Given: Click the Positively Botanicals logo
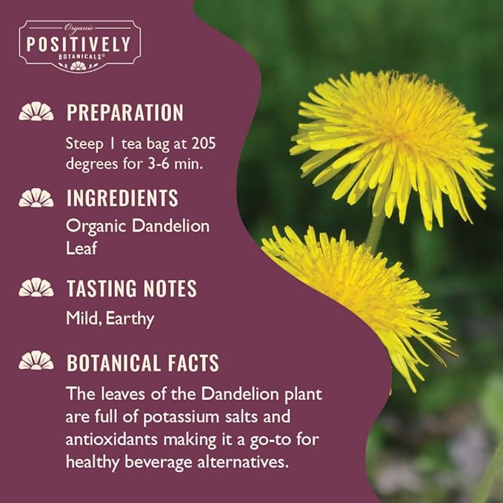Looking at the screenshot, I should (x=79, y=44).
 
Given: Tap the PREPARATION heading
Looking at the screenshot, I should (x=124, y=113).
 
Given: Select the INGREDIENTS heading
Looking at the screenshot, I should (x=122, y=198).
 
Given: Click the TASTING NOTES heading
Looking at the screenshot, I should (x=131, y=288).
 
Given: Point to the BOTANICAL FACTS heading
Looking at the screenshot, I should (x=142, y=363).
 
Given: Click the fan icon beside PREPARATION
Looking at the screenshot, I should (x=36, y=113).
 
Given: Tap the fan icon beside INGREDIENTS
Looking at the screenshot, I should (x=36, y=198).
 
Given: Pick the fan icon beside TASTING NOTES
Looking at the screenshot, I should (x=36, y=288).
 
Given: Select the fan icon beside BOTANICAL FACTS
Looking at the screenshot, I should (x=36, y=362).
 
